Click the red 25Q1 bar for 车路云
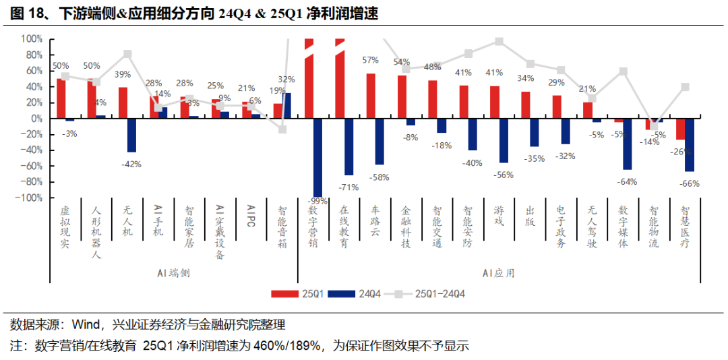(371, 96)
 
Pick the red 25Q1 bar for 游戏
(495, 102)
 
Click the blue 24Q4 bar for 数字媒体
(628, 144)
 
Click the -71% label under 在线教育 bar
(348, 187)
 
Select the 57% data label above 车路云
(370, 60)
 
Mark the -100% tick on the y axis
(28, 198)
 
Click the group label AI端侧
(174, 273)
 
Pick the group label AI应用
(498, 273)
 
